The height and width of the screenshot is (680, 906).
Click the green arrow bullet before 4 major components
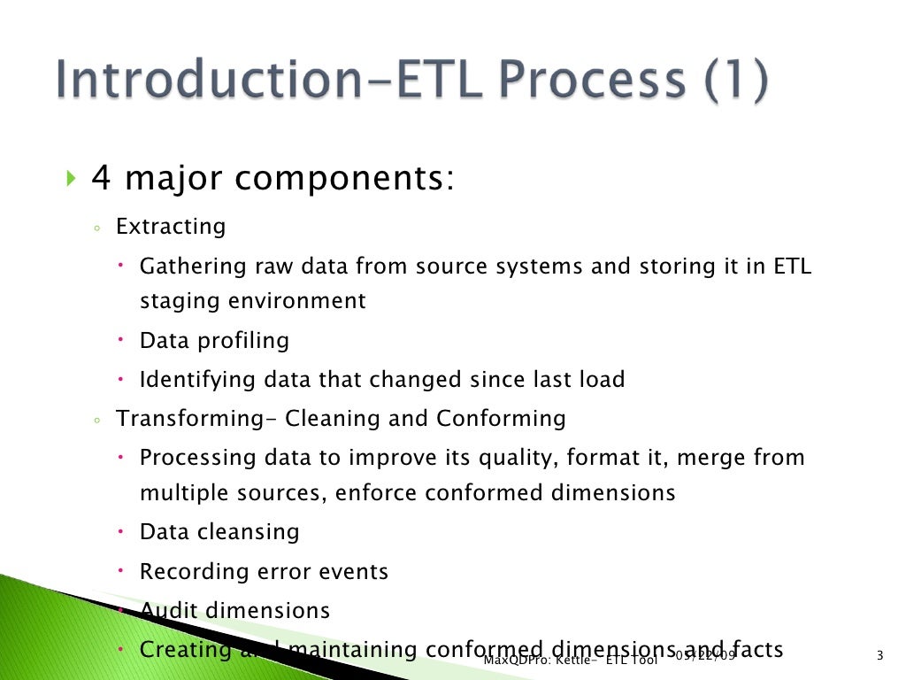tap(72, 180)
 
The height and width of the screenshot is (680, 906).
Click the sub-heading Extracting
tap(171, 227)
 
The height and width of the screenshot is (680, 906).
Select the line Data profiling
tap(214, 340)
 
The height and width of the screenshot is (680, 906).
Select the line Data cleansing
tap(219, 532)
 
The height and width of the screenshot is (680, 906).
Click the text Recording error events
tap(264, 572)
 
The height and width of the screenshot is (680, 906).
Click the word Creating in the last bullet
tap(185, 650)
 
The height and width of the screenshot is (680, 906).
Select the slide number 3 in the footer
tap(879, 656)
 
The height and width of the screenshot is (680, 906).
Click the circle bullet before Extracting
tap(96, 228)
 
